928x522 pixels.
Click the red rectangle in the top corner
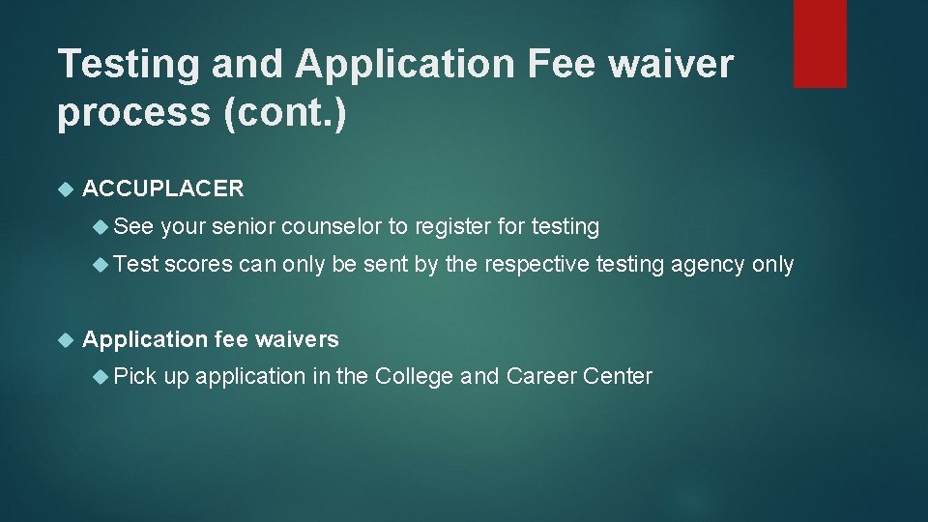coord(820,43)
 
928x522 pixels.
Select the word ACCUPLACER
coord(163,188)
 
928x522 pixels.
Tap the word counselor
coord(332,227)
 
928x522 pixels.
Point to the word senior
coord(243,227)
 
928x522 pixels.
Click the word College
coord(414,376)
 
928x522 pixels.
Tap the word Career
coord(541,376)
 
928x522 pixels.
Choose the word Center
coord(618,376)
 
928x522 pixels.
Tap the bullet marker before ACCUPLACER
coord(66,189)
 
